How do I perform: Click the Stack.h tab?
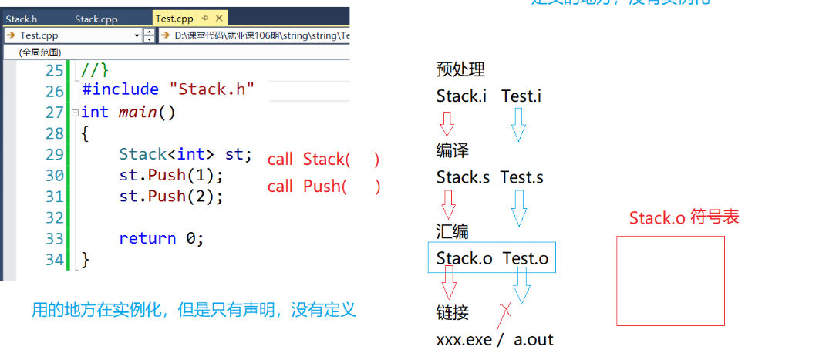coord(22,19)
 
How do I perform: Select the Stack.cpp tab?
coord(96,19)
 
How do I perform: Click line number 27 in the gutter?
coord(54,113)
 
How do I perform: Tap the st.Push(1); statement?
coord(170,175)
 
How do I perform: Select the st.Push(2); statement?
coord(170,197)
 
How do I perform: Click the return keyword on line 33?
coord(147,238)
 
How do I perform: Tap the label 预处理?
coord(460,70)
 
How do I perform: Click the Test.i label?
coord(521,96)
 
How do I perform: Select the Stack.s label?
coord(463,177)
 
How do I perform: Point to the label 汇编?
coord(452,232)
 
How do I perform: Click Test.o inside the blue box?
coord(525,259)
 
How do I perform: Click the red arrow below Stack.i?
coord(447,123)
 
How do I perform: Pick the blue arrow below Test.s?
coord(519,206)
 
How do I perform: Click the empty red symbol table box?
coord(670,281)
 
